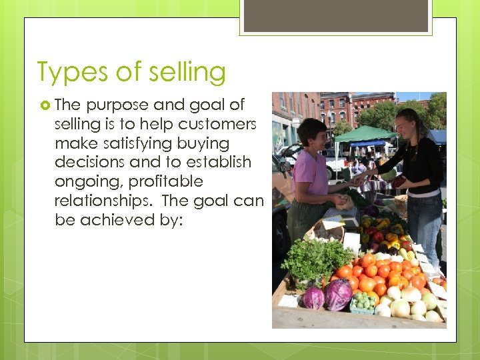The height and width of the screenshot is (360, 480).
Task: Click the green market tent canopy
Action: [365, 134]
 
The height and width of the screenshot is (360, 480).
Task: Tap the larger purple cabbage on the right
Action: [338, 294]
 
